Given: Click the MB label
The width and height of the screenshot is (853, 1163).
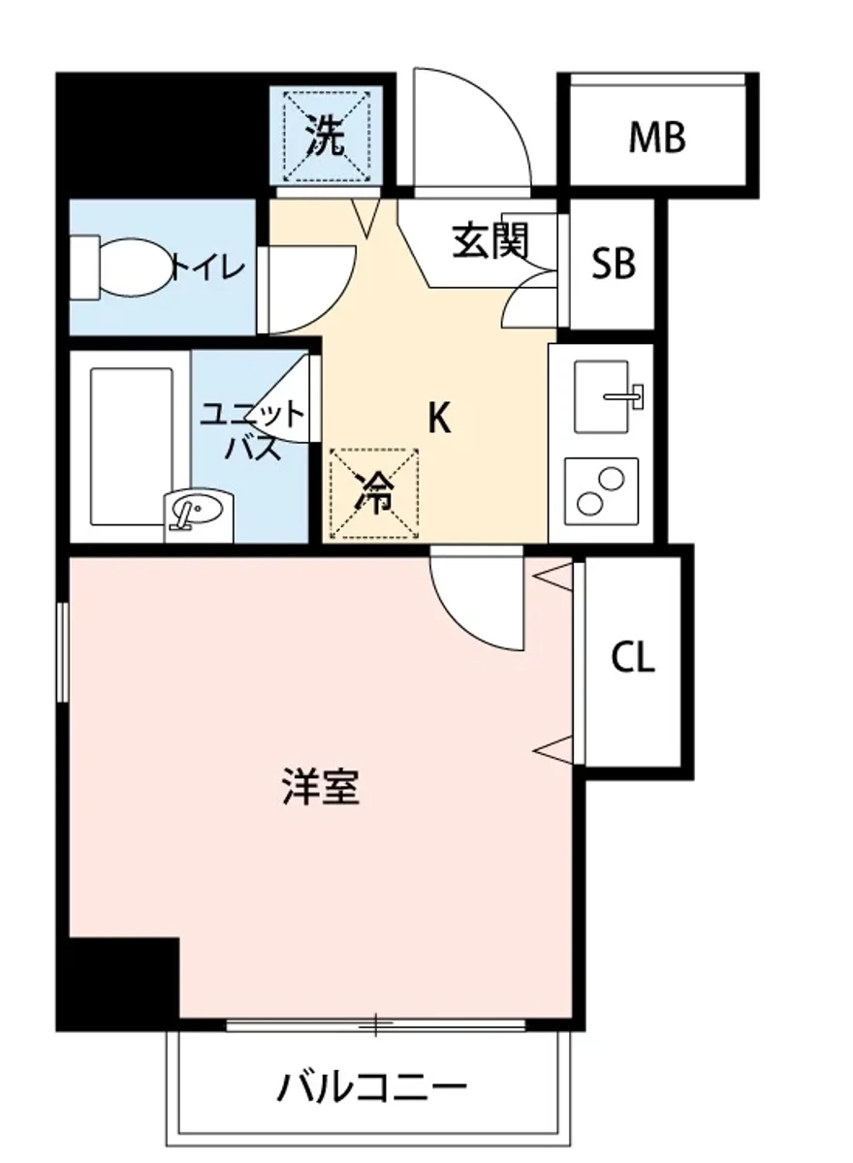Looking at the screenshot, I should (x=657, y=138).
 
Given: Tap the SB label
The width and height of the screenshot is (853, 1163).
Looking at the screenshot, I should (x=614, y=263).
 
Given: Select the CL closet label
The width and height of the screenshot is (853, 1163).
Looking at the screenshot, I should (x=633, y=658).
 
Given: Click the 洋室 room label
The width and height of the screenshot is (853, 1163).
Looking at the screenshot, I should (x=321, y=787).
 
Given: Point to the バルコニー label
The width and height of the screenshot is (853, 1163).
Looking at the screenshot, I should (x=371, y=1087).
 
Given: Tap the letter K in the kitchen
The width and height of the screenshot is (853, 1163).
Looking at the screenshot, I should (x=439, y=419).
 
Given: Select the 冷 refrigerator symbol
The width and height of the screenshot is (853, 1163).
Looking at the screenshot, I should (x=373, y=493).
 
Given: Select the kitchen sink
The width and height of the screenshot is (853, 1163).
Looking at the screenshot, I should (x=607, y=395).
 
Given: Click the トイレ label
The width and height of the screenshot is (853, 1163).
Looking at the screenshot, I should (x=205, y=267).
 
